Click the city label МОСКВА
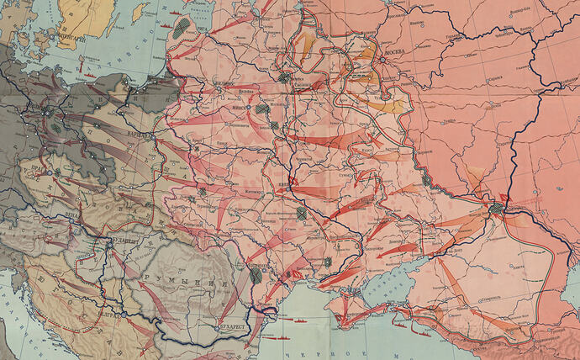point(395,51)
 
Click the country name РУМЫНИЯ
point(167,277)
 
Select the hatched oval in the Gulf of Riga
point(182,26)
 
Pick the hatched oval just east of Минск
point(263,109)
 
